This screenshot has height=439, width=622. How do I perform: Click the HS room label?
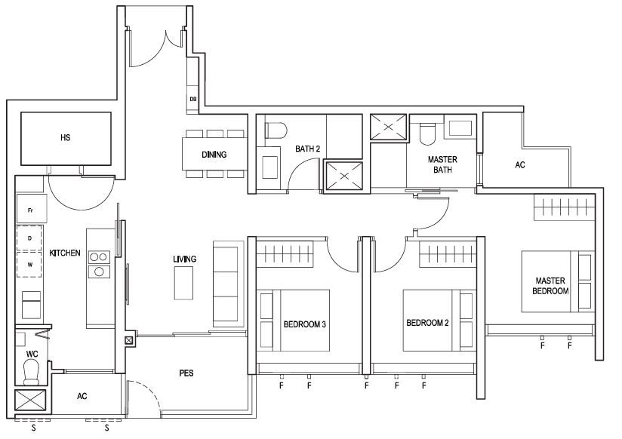pos(66,137)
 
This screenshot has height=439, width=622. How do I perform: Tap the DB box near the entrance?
pos(192,99)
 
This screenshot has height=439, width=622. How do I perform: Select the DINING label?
pos(214,155)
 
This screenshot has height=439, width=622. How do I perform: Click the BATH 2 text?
pos(307,149)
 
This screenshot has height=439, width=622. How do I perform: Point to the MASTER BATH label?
pos(442,164)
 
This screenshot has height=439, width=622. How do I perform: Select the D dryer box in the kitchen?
pos(29,238)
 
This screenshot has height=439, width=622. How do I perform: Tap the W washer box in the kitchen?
pos(29,265)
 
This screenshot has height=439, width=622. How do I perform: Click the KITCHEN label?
pos(65,253)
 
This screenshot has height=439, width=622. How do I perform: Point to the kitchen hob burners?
pos(99,264)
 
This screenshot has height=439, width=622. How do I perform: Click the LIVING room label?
pos(184,259)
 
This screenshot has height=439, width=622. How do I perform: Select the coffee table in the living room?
pos(183,283)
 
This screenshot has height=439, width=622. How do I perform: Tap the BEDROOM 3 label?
pos(305,324)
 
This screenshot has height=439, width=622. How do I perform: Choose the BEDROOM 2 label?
pos(427,323)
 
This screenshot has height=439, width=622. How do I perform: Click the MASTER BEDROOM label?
pos(550,286)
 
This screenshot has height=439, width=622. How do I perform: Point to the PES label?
pos(186,373)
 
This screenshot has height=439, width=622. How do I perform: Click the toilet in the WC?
pos(32,373)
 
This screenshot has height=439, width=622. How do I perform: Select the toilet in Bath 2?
pos(276,130)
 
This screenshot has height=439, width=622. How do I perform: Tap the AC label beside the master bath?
pos(520,164)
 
